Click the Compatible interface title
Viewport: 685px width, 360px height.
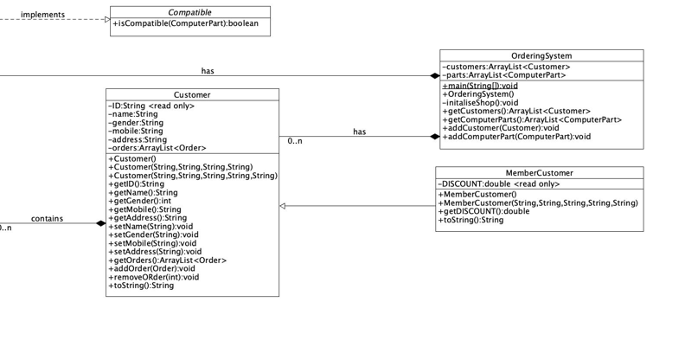coord(189,13)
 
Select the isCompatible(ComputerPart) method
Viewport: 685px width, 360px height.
coord(185,24)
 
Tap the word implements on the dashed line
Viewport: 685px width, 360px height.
coord(42,15)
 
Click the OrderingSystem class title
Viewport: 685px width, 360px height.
coord(541,56)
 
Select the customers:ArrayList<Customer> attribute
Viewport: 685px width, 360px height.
coord(506,67)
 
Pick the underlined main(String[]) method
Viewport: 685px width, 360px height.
coord(480,86)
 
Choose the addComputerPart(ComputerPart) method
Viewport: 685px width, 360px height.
coord(516,137)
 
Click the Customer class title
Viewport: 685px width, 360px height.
coord(192,95)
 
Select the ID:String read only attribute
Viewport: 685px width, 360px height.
coord(151,106)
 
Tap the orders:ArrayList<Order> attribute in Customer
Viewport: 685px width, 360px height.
coord(157,148)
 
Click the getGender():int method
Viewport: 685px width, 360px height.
coord(139,201)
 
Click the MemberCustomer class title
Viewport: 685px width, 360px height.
coord(539,173)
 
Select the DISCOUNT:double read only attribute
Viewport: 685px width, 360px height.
coord(499,184)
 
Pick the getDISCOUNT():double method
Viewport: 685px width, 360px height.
coord(484,211)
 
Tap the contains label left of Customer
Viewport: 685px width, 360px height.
coord(47,218)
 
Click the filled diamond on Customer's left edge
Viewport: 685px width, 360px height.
coord(100,224)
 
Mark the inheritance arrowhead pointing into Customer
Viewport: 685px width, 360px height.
coord(284,206)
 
